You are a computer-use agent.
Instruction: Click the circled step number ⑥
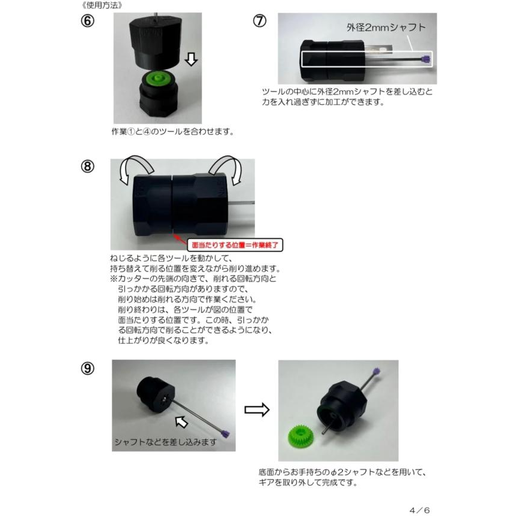[89, 20]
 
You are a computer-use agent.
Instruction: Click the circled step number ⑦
[259, 20]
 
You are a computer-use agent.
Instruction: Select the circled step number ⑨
[88, 368]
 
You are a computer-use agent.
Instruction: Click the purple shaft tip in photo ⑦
[426, 59]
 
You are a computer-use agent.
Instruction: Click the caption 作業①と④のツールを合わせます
[172, 132]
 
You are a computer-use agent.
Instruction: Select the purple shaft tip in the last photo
[377, 372]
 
